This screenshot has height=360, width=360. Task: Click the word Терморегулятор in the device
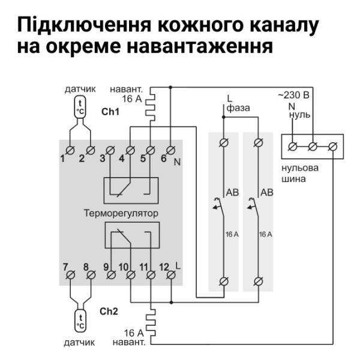[121, 213]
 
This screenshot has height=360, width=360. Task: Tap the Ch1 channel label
[110, 112]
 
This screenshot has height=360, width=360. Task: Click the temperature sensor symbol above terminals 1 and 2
[80, 109]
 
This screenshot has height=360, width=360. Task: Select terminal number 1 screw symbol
[71, 149]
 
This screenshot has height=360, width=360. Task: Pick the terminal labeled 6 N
[170, 149]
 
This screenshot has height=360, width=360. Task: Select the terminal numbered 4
[131, 149]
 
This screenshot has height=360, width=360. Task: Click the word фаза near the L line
[238, 108]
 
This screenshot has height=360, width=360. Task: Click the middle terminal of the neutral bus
[312, 145]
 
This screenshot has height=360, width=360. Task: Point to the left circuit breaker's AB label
[232, 192]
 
